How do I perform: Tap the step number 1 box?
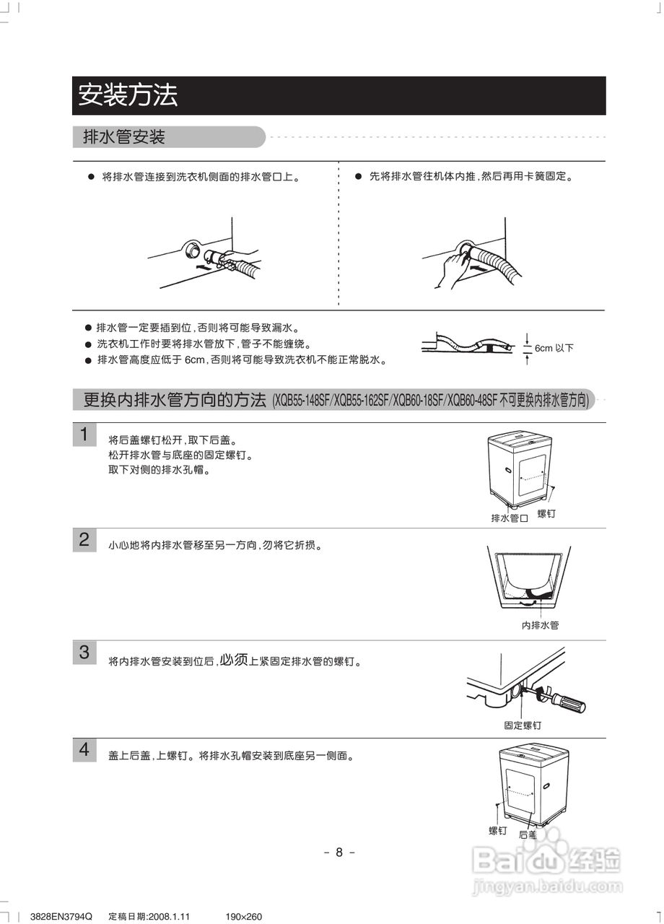[x=84, y=435]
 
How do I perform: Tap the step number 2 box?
[x=84, y=540]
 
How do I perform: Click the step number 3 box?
[x=84, y=653]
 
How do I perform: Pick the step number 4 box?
[x=84, y=750]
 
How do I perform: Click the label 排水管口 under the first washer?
[x=510, y=518]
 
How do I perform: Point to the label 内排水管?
[x=540, y=625]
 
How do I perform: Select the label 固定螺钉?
[x=523, y=725]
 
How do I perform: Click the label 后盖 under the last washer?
[x=528, y=834]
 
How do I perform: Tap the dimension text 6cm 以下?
[x=554, y=348]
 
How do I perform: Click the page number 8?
[x=339, y=852]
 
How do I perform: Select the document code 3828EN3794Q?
[x=61, y=917]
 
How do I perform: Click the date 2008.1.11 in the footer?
[x=168, y=917]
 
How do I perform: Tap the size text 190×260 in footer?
[x=243, y=917]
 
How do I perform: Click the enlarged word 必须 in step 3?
[x=234, y=659]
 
